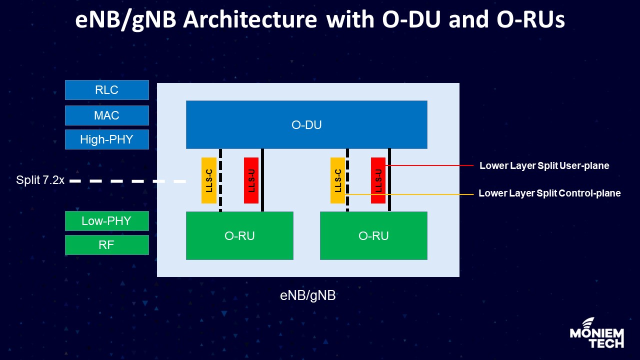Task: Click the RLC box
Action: coord(107,90)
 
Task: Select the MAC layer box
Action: coord(107,115)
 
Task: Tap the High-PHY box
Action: coord(107,139)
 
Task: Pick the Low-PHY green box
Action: coord(107,221)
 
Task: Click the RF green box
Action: coord(107,245)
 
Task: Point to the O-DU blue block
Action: coord(306,125)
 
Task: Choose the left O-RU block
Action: coord(239,235)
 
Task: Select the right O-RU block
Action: coord(373,235)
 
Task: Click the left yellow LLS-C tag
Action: coord(209,180)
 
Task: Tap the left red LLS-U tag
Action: coord(251,180)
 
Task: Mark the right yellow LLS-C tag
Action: coord(338,180)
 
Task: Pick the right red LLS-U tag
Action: coord(378,180)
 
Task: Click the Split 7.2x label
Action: coord(40,180)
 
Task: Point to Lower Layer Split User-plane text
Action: coord(544,165)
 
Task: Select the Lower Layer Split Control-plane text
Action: coord(549,193)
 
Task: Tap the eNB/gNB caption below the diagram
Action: coord(307,295)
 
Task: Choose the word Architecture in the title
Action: coord(255,20)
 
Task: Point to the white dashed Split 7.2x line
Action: coord(127,181)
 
